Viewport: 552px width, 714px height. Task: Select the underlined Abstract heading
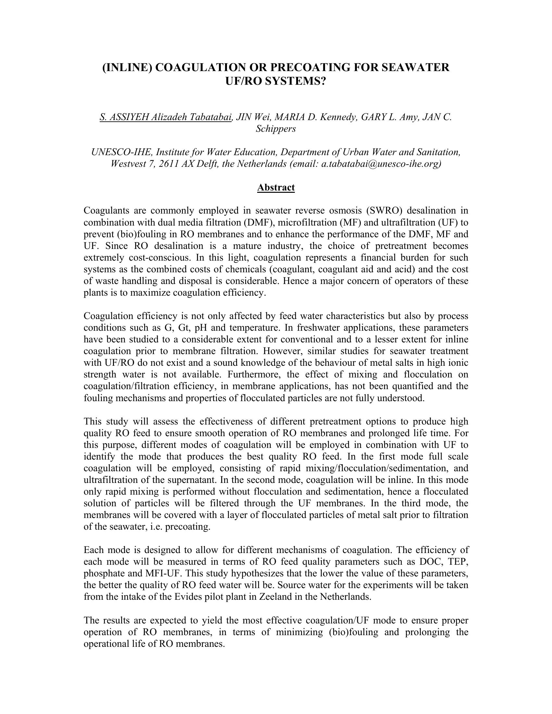(276, 187)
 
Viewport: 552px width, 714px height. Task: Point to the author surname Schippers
(276, 129)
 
